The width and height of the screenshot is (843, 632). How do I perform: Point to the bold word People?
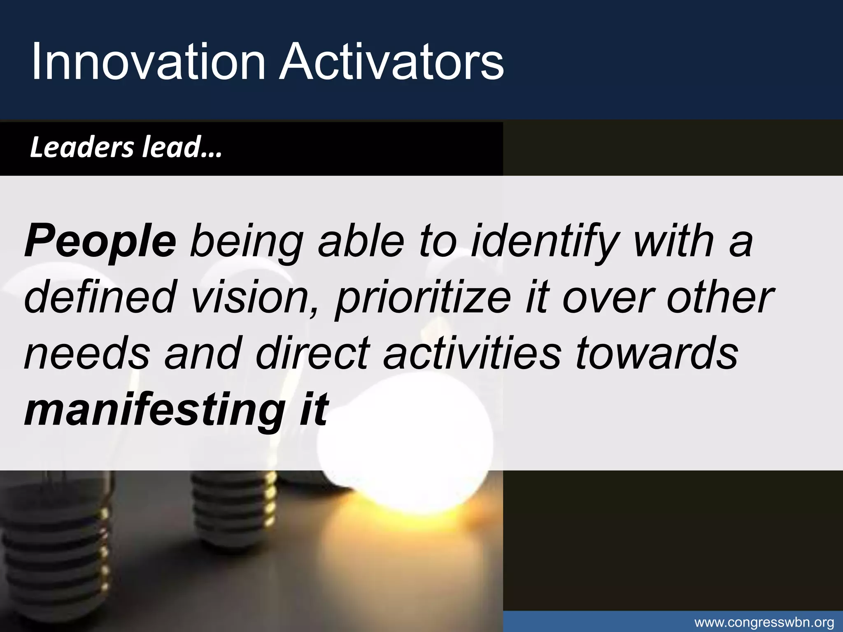[100, 242]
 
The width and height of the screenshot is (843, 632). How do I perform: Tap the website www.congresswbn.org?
[764, 623]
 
